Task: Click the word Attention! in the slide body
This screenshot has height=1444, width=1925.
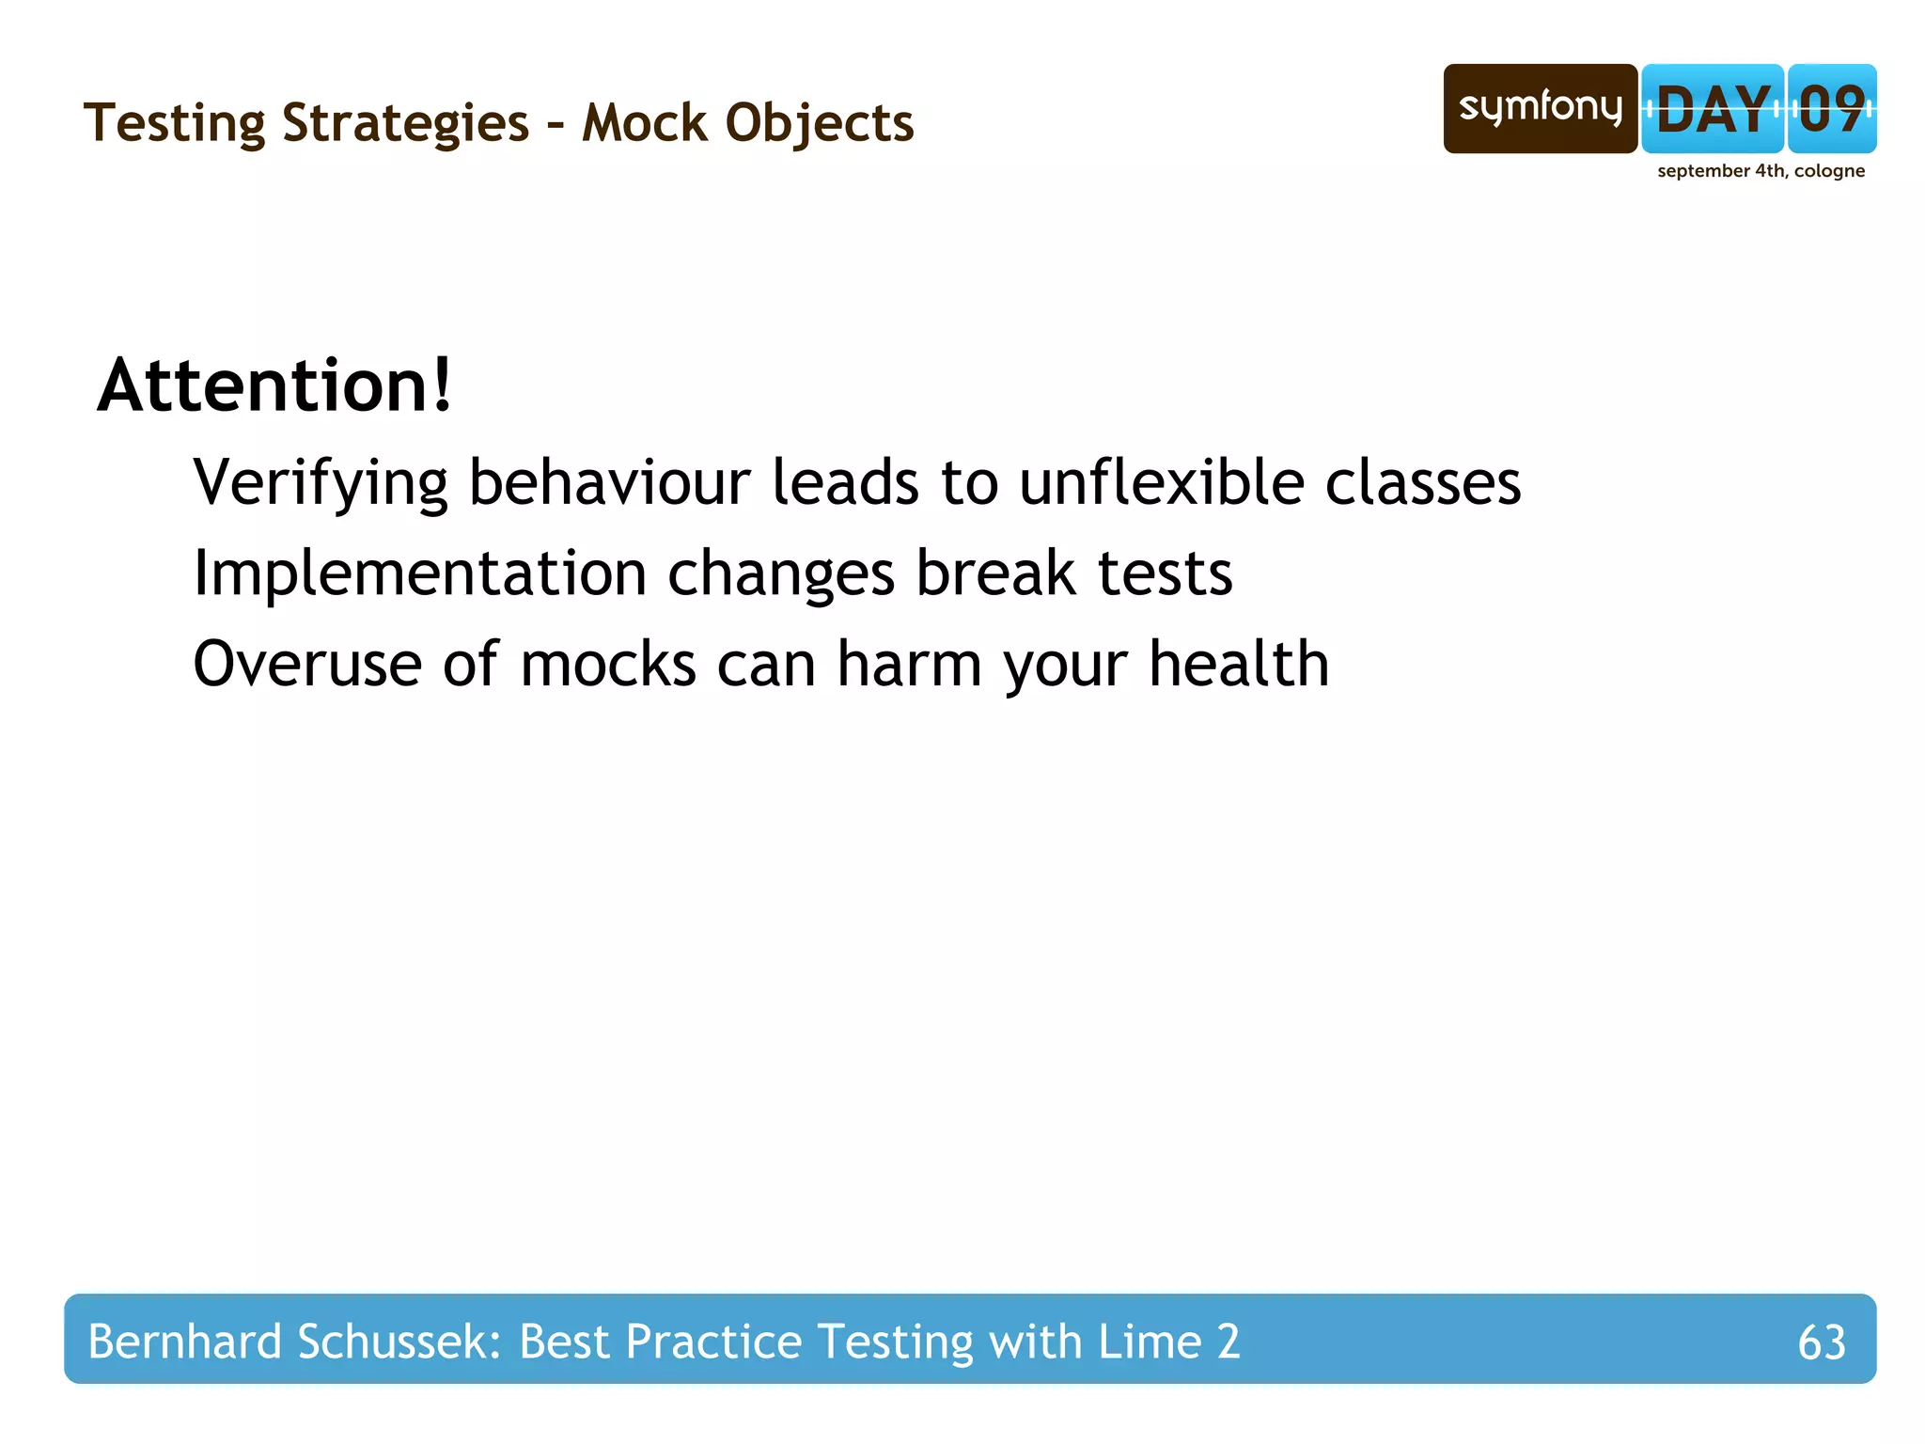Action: pyautogui.click(x=274, y=385)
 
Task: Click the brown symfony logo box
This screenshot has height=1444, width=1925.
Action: pyautogui.click(x=1540, y=109)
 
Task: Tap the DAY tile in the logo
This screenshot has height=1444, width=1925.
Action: pyautogui.click(x=1712, y=109)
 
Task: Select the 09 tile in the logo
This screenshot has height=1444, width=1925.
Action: pyautogui.click(x=1831, y=109)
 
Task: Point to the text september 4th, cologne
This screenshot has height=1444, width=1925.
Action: pyautogui.click(x=1761, y=171)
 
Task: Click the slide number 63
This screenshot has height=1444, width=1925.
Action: pyautogui.click(x=1821, y=1342)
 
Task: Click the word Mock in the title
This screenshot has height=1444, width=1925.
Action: pyautogui.click(x=644, y=123)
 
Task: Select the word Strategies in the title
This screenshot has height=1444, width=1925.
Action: pyautogui.click(x=405, y=123)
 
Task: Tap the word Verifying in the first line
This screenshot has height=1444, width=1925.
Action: pyautogui.click(x=321, y=483)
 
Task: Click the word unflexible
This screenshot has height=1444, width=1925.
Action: pyautogui.click(x=1162, y=483)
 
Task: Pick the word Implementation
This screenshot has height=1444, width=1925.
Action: pyautogui.click(x=419, y=573)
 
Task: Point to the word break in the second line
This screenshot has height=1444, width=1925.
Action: pyautogui.click(x=995, y=573)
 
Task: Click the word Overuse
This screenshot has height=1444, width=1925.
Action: pyautogui.click(x=306, y=664)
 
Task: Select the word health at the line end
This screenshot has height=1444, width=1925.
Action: pyautogui.click(x=1239, y=664)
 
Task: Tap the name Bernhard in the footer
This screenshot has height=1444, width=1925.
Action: pyautogui.click(x=184, y=1342)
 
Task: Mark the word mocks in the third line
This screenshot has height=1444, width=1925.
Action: pyautogui.click(x=608, y=664)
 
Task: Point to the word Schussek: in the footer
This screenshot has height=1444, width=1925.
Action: pyautogui.click(x=399, y=1342)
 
